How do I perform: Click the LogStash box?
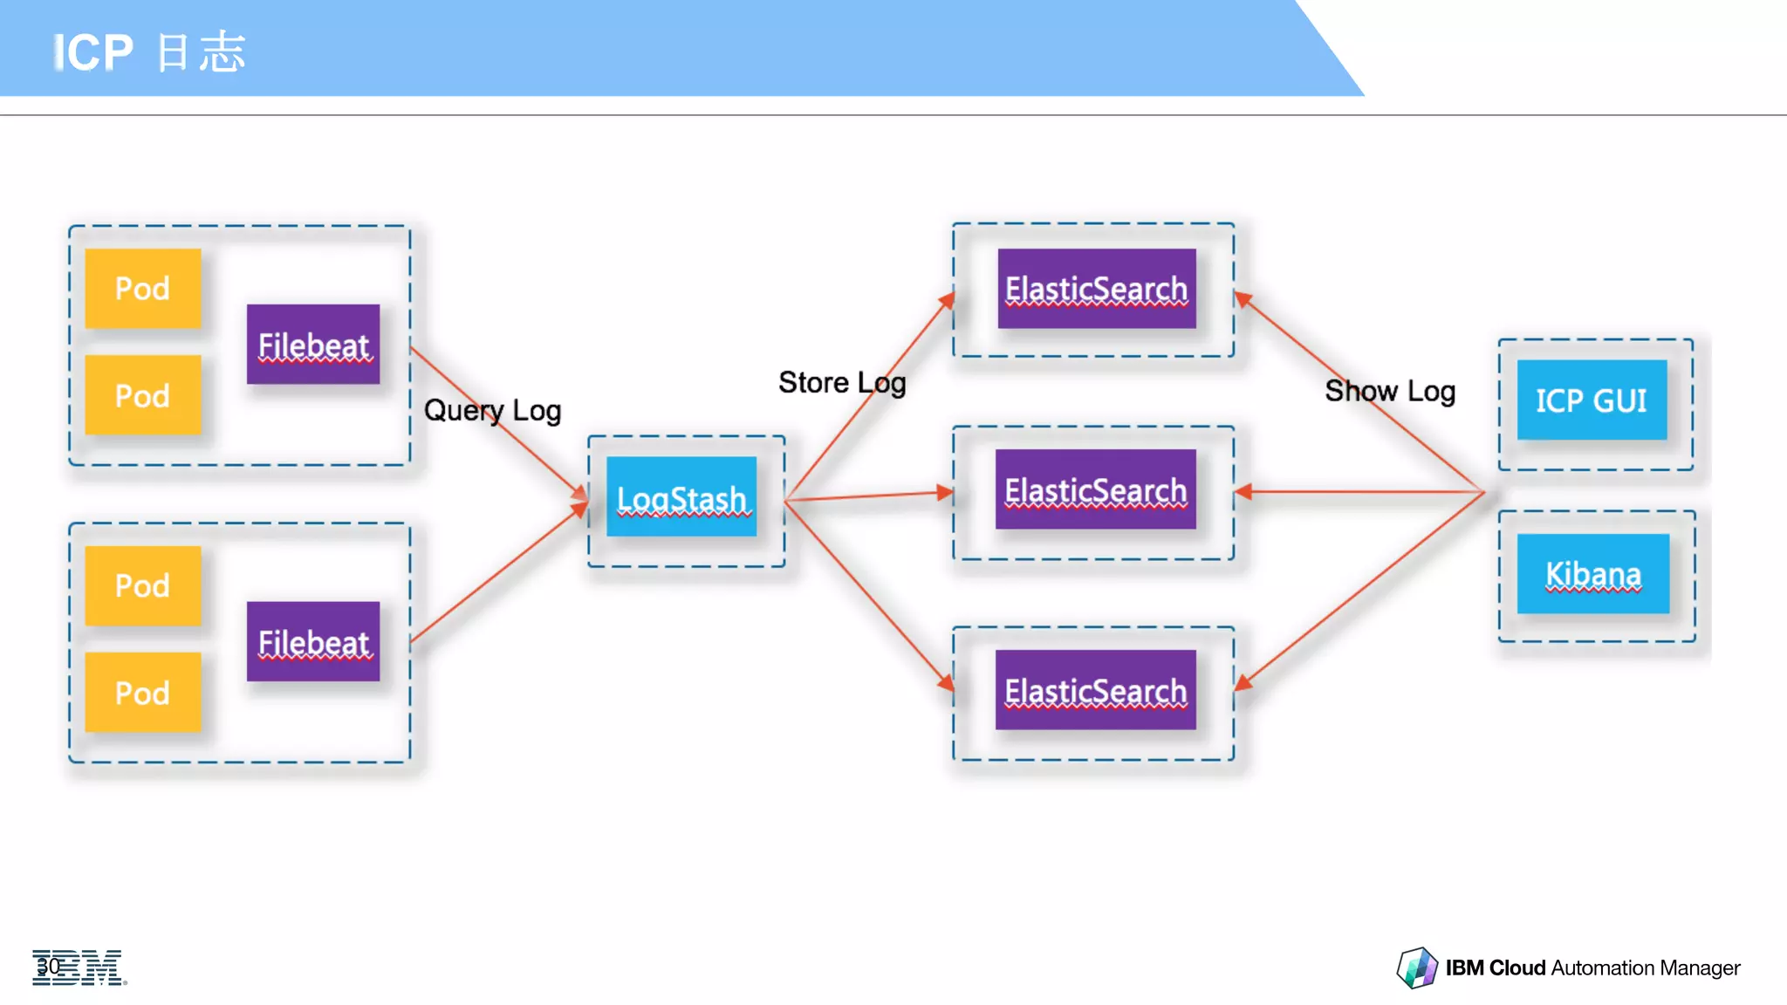(x=681, y=496)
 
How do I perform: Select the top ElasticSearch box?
(x=1096, y=289)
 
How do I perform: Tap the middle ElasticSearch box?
(x=1095, y=489)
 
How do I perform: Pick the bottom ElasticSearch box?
(x=1095, y=690)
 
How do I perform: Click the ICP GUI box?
(x=1592, y=400)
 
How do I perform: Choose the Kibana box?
(x=1593, y=574)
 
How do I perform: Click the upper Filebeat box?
(x=313, y=345)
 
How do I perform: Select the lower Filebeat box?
(x=313, y=642)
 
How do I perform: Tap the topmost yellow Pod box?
(x=143, y=289)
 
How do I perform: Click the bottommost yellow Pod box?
(x=143, y=693)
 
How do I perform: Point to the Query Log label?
(x=492, y=410)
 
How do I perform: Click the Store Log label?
(x=842, y=382)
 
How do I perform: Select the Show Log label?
(x=1390, y=391)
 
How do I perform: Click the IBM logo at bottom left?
(x=79, y=967)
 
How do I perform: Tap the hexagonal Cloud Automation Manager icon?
(x=1416, y=967)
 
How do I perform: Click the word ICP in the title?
(x=93, y=52)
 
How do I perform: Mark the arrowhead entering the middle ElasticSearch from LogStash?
(x=945, y=492)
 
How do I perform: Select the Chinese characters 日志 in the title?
(x=202, y=52)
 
